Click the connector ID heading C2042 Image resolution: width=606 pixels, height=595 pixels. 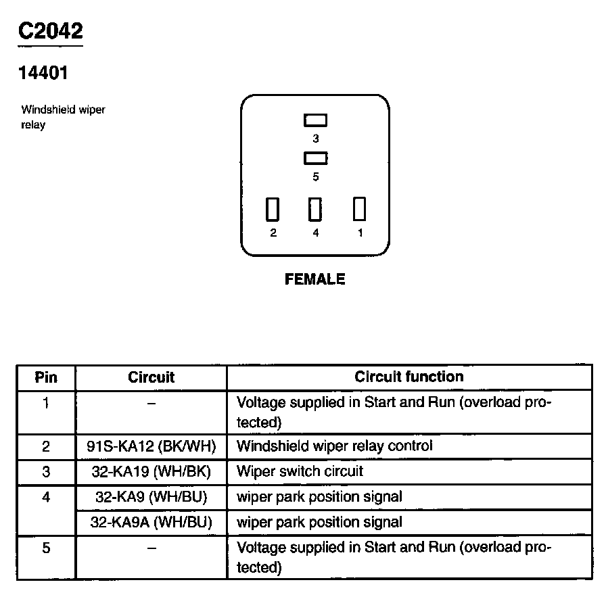tap(50, 31)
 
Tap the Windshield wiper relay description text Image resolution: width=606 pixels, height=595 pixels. tap(63, 117)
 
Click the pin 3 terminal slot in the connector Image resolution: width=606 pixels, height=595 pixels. tap(315, 120)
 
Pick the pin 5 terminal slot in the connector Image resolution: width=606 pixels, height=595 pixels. tap(315, 159)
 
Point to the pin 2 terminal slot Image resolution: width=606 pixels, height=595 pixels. tap(273, 210)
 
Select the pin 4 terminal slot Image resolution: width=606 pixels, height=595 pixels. tap(315, 210)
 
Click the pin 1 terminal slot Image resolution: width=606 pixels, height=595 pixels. tap(359, 209)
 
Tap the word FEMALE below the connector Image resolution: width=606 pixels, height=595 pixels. tap(315, 279)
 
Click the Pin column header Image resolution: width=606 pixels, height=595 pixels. tap(46, 377)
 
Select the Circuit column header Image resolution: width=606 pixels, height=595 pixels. tap(151, 377)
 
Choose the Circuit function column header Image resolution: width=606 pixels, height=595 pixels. tap(409, 377)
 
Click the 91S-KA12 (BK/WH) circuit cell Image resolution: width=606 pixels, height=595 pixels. tap(151, 446)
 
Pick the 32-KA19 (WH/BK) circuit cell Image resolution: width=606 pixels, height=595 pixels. tap(151, 471)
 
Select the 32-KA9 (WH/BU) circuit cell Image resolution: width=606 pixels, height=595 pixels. tap(151, 497)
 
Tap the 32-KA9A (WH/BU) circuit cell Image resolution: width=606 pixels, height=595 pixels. tap(151, 522)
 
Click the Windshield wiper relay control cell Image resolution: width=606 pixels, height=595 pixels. tap(334, 446)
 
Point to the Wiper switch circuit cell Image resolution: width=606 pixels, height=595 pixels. tap(300, 471)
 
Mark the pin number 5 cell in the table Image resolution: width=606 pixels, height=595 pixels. tap(46, 548)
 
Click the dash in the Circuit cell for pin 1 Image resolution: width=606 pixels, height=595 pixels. tap(151, 404)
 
